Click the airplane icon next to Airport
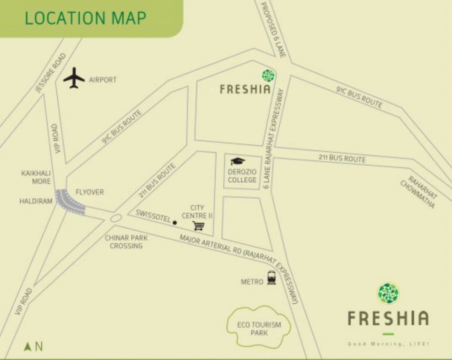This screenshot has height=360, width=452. pyautogui.click(x=74, y=78)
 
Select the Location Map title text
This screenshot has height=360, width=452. pyautogui.click(x=85, y=18)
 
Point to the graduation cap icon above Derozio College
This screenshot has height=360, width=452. pyautogui.click(x=238, y=161)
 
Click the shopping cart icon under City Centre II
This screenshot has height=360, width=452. pyautogui.click(x=198, y=226)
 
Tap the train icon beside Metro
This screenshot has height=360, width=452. pyautogui.click(x=271, y=278)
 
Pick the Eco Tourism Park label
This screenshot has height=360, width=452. pyautogui.click(x=259, y=329)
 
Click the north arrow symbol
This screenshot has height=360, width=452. pyautogui.click(x=28, y=346)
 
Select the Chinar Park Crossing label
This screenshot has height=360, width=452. pyautogui.click(x=126, y=241)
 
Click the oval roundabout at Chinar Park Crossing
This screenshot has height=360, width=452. pyautogui.click(x=116, y=218)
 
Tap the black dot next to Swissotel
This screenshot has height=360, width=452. pyautogui.click(x=175, y=222)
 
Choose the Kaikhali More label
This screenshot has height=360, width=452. pyautogui.click(x=36, y=177)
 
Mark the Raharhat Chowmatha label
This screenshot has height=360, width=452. pyautogui.click(x=419, y=192)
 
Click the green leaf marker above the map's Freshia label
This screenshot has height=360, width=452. pyautogui.click(x=269, y=75)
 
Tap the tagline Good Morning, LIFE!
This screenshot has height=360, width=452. pyautogui.click(x=388, y=344)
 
